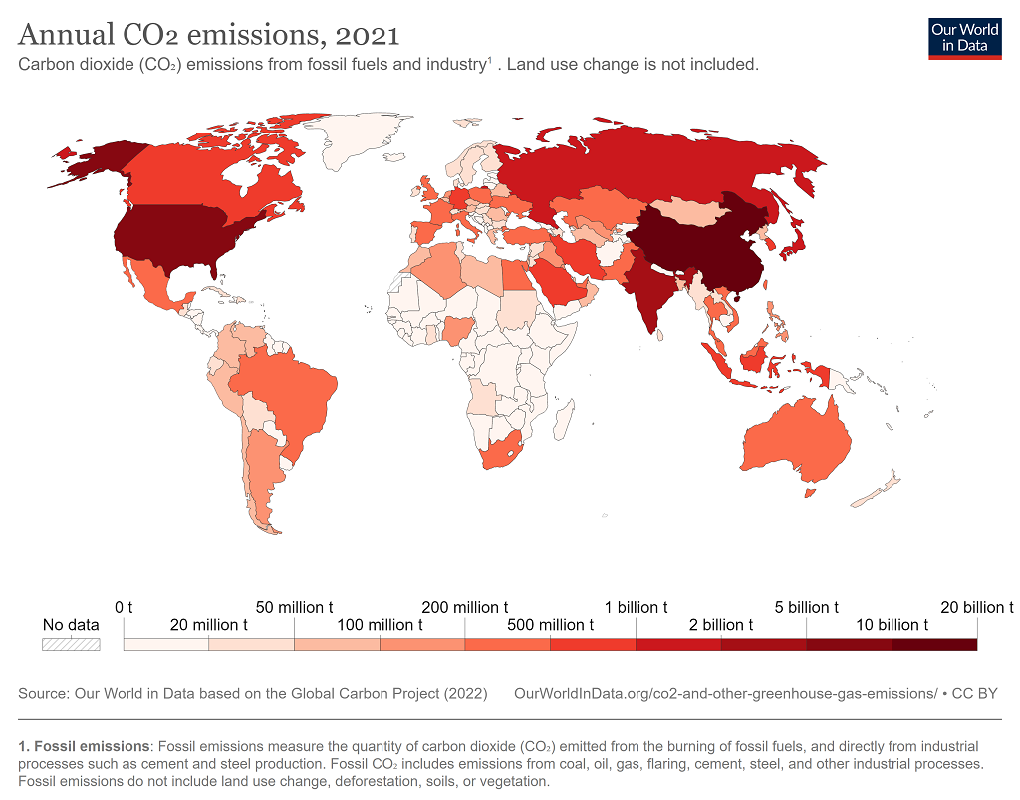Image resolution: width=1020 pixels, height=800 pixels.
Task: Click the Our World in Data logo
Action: coord(964,38)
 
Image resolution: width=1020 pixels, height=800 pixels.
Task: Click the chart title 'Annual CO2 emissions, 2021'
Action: coord(209,36)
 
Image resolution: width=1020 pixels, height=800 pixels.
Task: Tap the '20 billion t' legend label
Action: coord(975,607)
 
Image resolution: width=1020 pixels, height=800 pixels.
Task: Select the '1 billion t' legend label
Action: coord(636,607)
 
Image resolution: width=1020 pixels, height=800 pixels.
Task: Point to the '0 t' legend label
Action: coord(124,607)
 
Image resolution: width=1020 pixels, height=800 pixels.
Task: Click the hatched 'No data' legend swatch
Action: coord(71,644)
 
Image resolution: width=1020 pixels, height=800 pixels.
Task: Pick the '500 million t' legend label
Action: coord(550,625)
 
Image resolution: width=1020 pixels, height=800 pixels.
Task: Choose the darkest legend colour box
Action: coord(934,644)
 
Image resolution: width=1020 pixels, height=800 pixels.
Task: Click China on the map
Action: coord(697,244)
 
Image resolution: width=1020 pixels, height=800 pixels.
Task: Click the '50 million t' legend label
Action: coord(294,607)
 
